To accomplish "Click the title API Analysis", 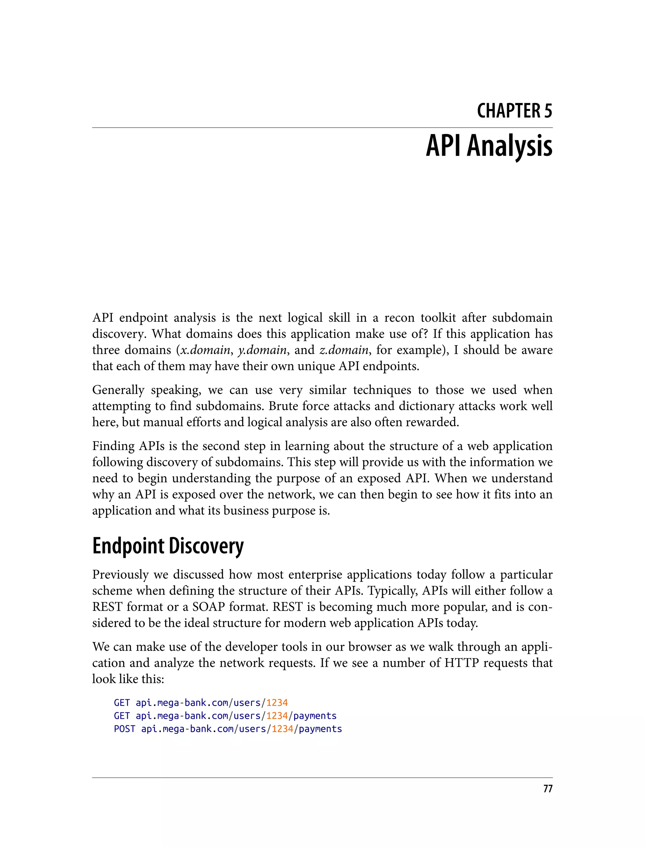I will tap(489, 146).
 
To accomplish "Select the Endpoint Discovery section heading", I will tap(168, 546).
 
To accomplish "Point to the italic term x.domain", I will tap(205, 350).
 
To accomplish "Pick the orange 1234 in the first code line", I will tap(277, 703).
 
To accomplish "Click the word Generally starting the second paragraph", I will tap(118, 390).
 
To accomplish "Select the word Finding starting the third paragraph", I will tap(113, 446).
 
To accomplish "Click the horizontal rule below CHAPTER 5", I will tap(322, 128).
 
